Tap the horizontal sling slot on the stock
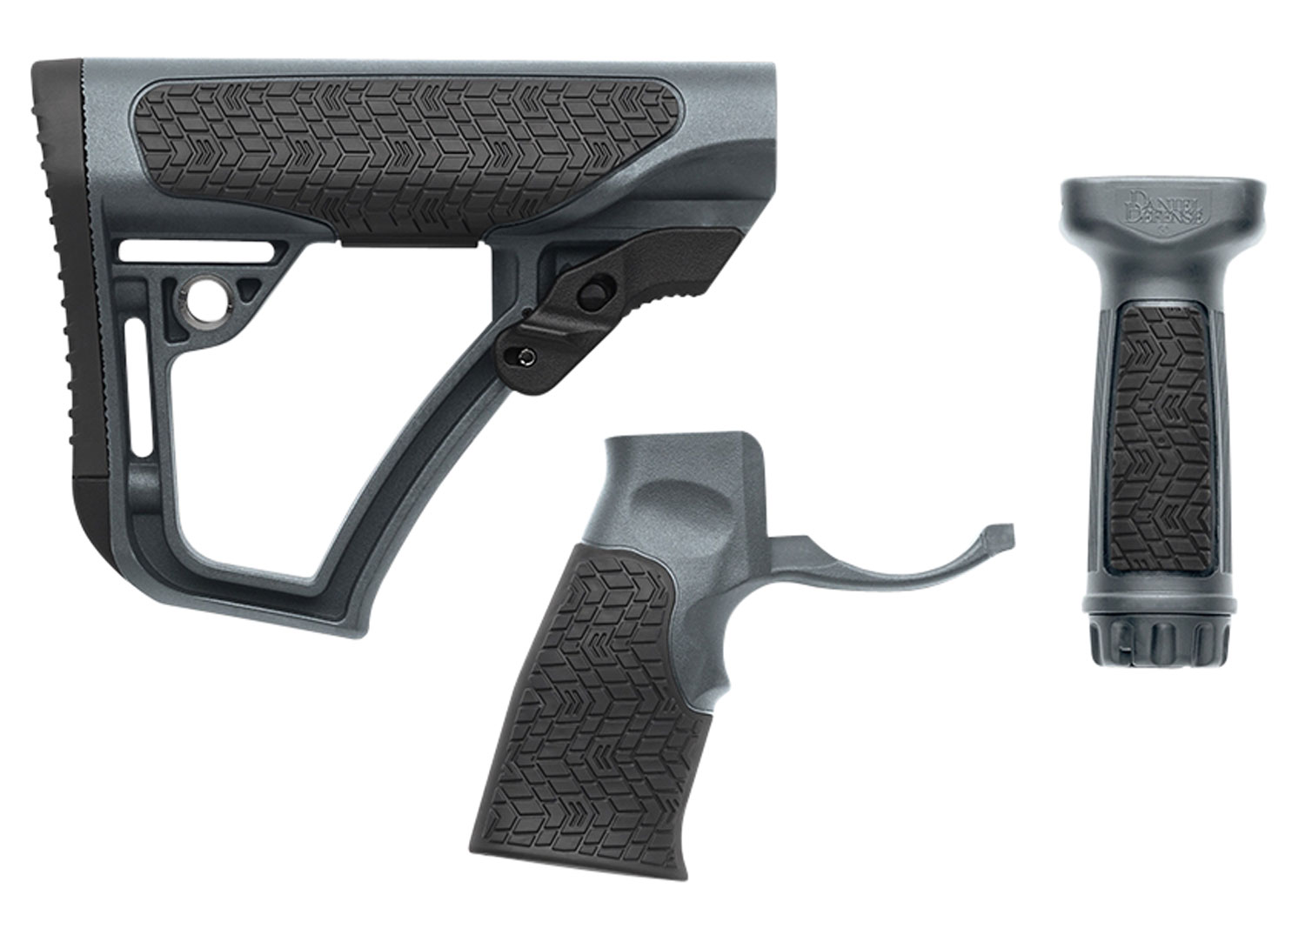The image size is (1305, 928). click(198, 250)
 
